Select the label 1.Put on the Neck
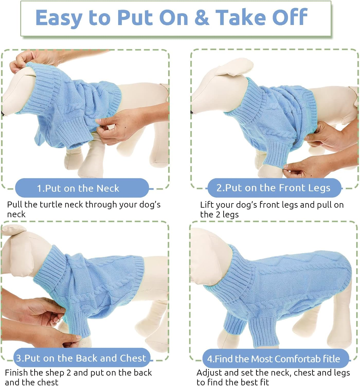[78, 188]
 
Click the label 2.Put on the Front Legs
[273, 188]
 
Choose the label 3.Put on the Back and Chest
[81, 358]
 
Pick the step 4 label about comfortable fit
[274, 359]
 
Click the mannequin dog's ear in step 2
[234, 67]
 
